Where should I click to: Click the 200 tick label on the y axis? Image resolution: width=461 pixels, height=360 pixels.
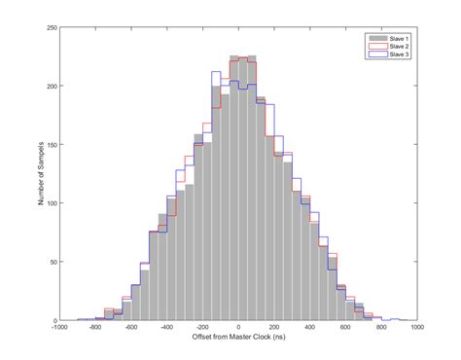(50, 86)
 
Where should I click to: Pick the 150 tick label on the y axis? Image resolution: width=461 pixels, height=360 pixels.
(50, 145)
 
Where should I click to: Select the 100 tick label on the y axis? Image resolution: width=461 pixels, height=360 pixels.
(50, 203)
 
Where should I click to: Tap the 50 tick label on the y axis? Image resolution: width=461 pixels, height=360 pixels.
(52, 262)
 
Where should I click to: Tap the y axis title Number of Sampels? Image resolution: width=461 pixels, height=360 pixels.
(36, 174)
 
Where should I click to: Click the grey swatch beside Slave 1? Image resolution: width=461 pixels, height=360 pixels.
(374, 38)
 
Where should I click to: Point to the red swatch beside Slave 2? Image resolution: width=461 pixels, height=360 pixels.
(374, 46)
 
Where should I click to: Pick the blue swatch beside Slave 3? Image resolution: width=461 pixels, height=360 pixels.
(374, 54)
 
